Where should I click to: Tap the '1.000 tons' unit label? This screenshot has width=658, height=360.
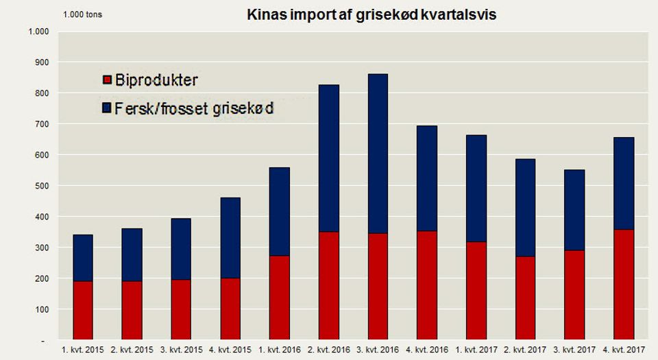82,14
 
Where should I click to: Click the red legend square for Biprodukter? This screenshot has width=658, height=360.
106,81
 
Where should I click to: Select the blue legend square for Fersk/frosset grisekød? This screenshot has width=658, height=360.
106,109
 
